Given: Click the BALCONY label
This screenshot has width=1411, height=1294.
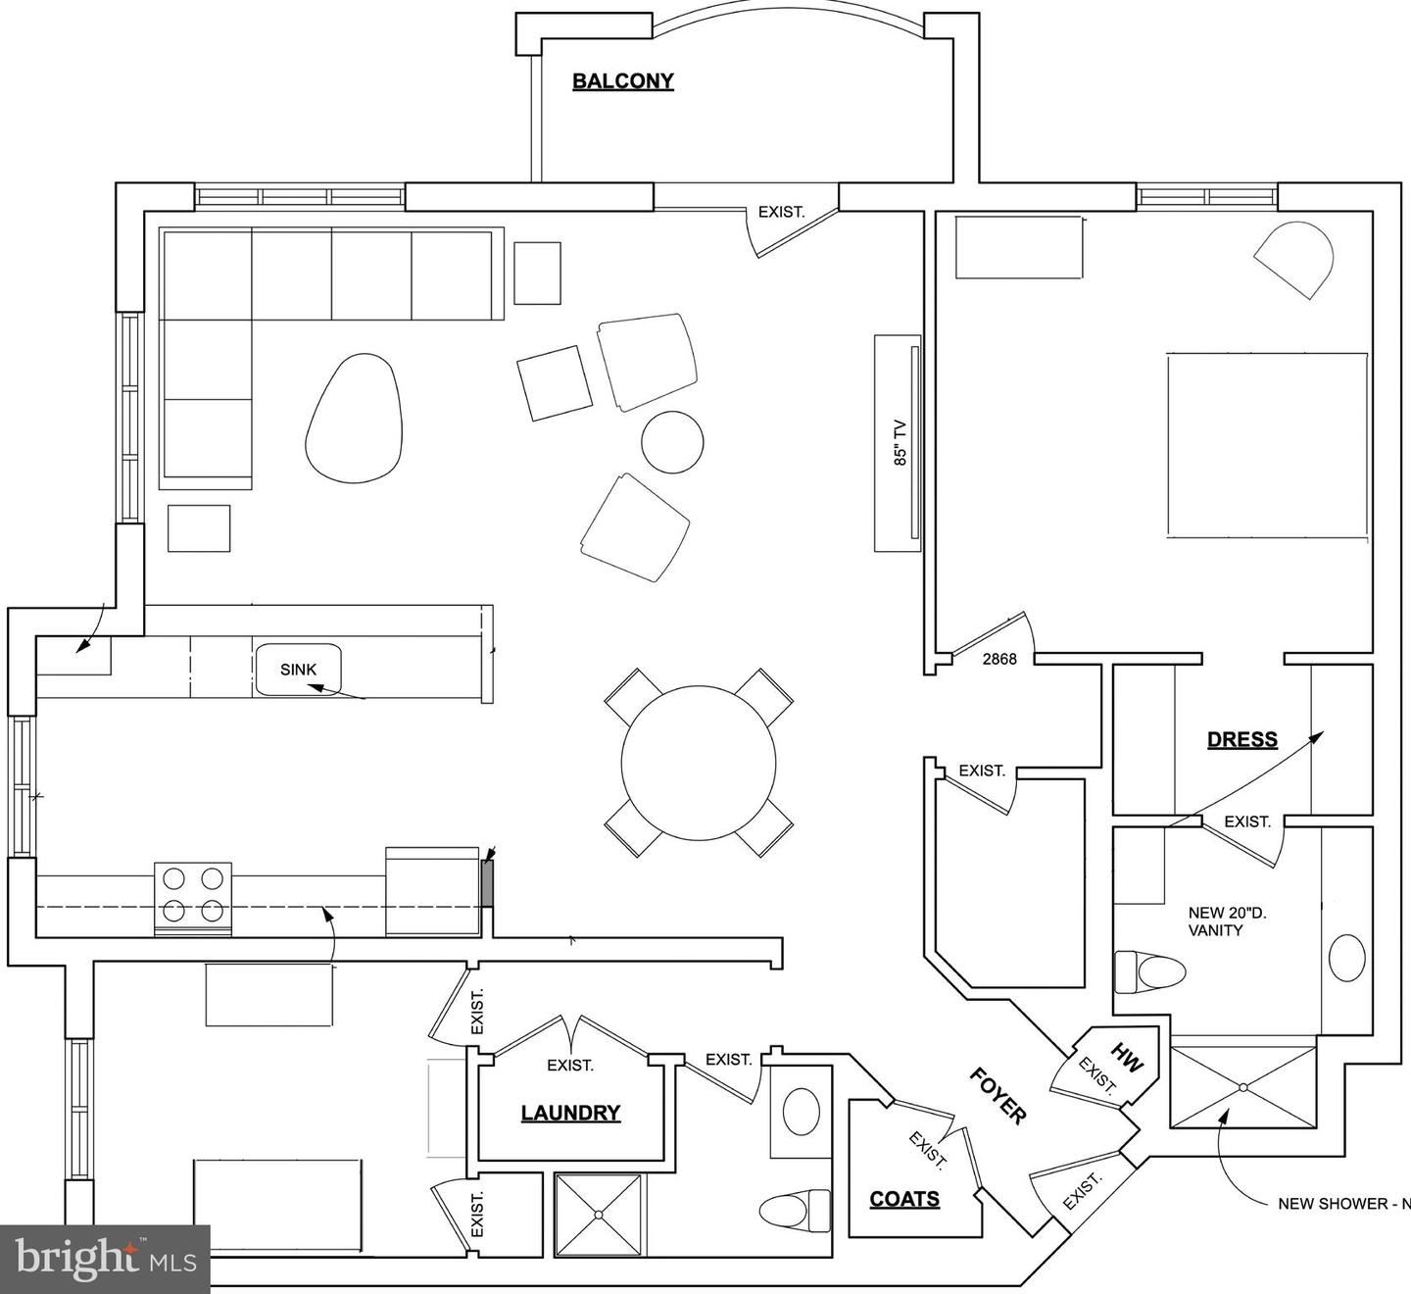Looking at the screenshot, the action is (622, 81).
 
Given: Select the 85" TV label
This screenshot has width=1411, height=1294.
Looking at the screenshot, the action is (900, 443).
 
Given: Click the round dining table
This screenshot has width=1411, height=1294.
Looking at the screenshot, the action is (699, 763).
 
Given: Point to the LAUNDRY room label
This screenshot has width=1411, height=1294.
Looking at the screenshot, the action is (570, 1113).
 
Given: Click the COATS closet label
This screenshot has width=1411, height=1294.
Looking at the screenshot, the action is (904, 1199).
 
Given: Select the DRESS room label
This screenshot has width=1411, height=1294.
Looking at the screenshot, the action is (1242, 739).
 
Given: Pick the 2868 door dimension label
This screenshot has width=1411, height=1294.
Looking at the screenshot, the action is (999, 660).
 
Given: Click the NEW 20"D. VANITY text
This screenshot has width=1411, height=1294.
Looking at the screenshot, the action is (1228, 921).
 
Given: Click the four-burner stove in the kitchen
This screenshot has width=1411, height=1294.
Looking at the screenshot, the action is (193, 899).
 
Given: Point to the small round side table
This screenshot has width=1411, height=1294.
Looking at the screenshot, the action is (672, 442).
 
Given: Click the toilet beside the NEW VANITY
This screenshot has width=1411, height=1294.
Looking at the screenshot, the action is (1150, 973).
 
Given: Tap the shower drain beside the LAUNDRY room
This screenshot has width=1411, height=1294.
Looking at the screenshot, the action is (599, 1215).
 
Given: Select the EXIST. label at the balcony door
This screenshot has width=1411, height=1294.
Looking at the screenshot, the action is (781, 212).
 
